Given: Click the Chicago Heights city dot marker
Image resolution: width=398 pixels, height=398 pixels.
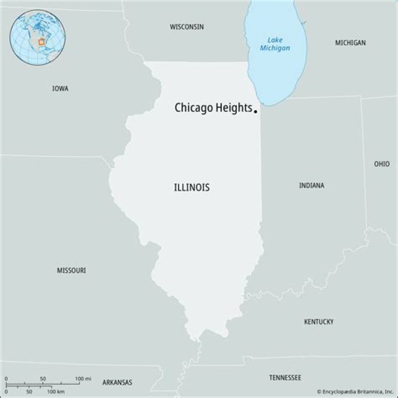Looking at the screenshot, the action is click(255, 111).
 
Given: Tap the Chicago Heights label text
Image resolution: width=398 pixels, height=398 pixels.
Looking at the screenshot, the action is click(213, 108).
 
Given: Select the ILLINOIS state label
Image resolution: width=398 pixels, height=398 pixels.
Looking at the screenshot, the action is click(192, 187).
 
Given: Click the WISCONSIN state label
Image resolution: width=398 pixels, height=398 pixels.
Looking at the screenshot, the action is click(187, 27).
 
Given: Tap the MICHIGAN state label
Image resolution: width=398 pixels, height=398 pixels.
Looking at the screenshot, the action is click(350, 43).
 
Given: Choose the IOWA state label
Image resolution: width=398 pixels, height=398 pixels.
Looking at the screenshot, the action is click(60, 88).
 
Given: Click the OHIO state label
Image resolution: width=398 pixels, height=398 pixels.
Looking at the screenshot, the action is click(381, 164).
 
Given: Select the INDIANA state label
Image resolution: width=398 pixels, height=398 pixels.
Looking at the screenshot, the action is click(312, 185).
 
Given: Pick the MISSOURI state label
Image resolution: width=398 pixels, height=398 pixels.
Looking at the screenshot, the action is click(71, 270).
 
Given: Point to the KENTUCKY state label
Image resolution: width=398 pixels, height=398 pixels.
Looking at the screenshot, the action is click(319, 321).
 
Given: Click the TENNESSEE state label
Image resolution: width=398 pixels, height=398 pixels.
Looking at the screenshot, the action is click(285, 378).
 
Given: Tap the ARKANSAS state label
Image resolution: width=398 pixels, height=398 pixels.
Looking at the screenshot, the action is click(117, 382).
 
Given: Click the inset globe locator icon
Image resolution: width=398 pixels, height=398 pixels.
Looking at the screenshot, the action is click(38, 38).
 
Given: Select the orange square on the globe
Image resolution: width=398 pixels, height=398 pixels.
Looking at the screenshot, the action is click(41, 42).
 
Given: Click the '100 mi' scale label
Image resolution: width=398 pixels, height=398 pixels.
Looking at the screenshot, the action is click(83, 379).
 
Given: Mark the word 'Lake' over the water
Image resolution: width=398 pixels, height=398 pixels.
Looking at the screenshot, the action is click(275, 40).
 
